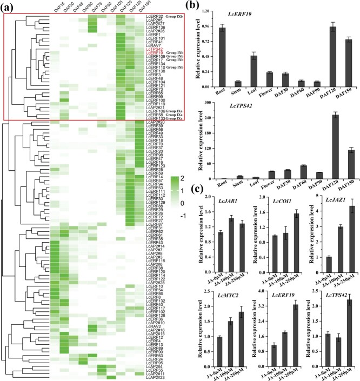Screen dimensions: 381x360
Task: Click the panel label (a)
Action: [10, 5]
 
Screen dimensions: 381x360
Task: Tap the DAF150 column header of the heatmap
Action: [139, 8]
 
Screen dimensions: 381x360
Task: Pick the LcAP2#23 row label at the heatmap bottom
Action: [155, 377]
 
